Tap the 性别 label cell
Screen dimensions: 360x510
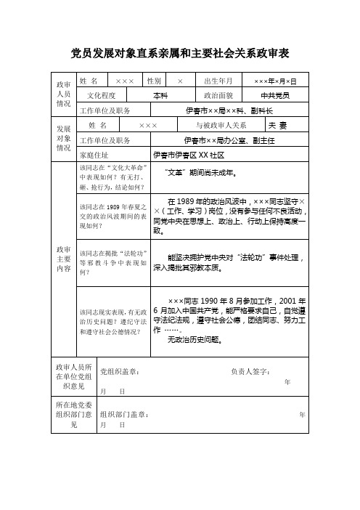154,80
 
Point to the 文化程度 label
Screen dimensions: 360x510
101,95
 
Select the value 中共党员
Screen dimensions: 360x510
276,95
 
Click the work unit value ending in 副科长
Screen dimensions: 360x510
229,110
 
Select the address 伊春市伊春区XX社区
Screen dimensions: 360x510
189,155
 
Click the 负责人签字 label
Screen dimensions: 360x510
250,372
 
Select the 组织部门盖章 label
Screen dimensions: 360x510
125,415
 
